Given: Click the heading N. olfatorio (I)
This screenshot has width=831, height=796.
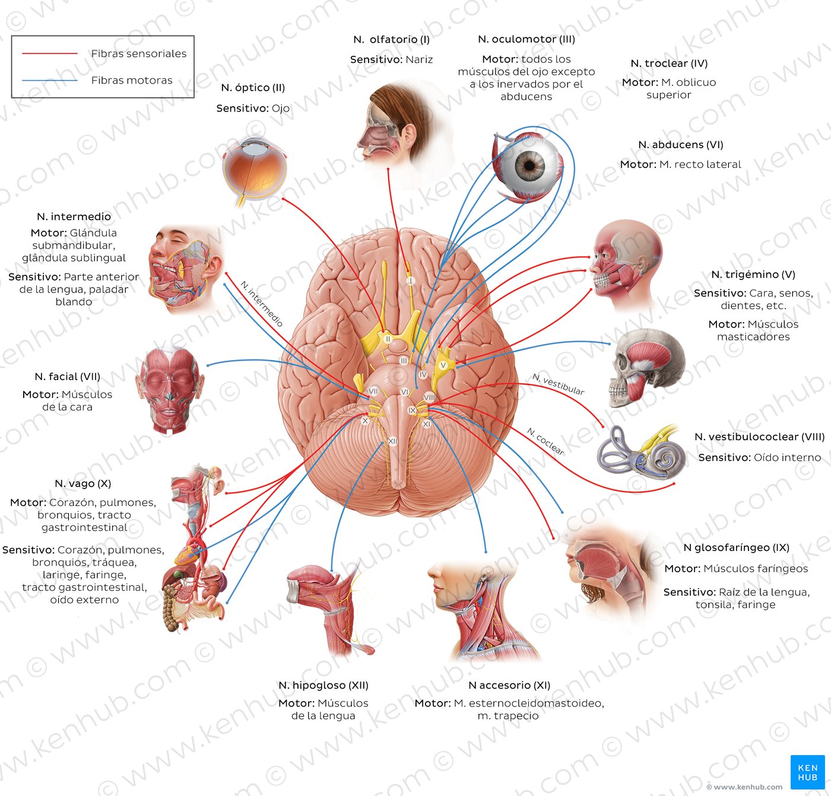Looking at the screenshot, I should coord(391,40).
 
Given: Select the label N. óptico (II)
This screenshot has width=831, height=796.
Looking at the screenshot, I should coord(253,88).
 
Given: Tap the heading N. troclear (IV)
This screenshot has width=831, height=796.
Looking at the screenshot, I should coord(669,63).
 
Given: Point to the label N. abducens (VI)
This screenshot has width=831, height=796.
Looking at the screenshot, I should coord(680,145).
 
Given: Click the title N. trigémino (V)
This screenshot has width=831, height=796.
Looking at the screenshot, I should coord(753,275).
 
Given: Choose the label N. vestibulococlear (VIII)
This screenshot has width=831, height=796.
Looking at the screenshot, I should coord(759,437).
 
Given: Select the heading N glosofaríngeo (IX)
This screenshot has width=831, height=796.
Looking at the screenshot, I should coord(736,547).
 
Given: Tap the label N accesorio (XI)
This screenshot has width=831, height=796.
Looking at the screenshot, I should coord(509,685).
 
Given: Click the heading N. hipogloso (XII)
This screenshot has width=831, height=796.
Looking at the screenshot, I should coord(323,685).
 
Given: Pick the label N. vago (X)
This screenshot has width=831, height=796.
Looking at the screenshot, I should coord(83,483).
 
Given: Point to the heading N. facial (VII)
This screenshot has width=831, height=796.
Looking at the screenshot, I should coord(68,377).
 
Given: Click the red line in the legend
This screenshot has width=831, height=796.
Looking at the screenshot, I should coord(50,53).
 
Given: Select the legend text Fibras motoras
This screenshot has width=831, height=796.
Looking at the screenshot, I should coord(132,80).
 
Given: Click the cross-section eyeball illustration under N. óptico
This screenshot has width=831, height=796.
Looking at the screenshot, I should coord(254,169).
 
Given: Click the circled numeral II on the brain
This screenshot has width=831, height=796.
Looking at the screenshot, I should coord(388,339).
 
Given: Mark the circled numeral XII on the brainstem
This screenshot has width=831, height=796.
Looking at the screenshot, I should coord(392,441).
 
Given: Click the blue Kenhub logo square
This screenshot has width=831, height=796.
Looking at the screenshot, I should coord(807,772).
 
